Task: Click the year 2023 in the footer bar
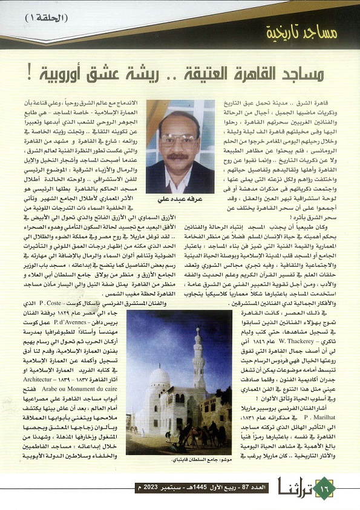point(149,487)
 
